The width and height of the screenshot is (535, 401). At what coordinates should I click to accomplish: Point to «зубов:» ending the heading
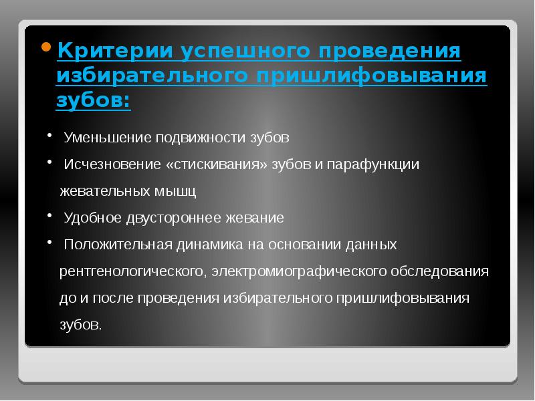pos(94,100)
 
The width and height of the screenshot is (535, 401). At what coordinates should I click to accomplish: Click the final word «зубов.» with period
pos(81,325)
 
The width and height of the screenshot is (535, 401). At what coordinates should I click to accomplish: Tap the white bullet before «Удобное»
pos(51,215)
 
